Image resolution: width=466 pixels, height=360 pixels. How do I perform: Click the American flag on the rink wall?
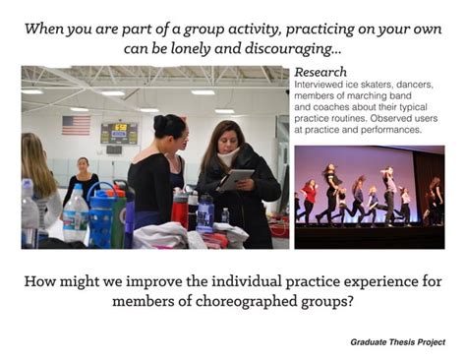pos(76,125)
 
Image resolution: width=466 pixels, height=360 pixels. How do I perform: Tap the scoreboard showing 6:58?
pos(119,132)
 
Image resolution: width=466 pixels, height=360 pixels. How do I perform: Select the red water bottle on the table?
pos(180,210)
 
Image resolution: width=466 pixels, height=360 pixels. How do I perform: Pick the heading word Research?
pos(320,72)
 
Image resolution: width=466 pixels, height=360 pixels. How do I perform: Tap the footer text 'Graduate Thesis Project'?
pos(396,341)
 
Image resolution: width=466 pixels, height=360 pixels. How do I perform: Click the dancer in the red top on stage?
pos(313,190)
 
